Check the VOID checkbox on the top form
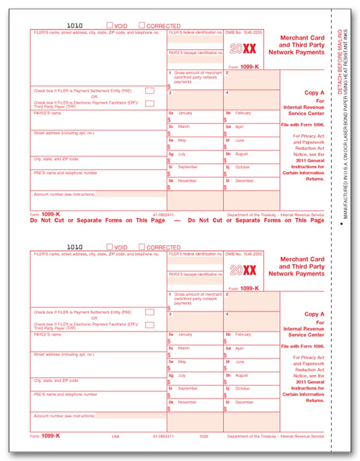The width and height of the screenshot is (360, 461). (110, 25)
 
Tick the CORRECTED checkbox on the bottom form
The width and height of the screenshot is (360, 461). (142, 247)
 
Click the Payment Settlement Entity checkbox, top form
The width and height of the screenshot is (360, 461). (149, 90)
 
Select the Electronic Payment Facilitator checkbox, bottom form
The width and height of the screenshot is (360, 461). (149, 325)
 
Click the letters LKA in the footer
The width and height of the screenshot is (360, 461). (115, 436)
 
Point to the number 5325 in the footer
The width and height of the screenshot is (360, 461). (204, 436)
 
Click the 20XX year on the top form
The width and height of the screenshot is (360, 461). (243, 49)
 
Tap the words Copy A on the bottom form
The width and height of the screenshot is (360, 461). (314, 314)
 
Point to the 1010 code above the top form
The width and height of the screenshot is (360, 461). (74, 25)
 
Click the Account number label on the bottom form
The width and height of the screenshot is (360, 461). (64, 415)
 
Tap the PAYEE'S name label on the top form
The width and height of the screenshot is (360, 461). (48, 113)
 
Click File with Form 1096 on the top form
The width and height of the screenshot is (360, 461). (303, 125)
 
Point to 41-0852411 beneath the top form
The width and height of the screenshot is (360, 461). (163, 214)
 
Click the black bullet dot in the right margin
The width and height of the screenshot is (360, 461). (341, 224)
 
